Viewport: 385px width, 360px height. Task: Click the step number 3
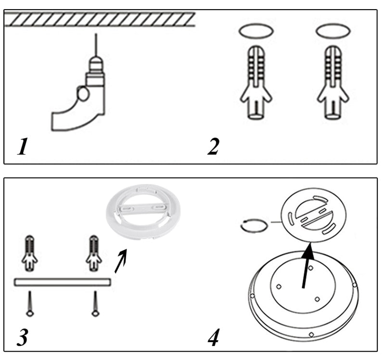click(22, 336)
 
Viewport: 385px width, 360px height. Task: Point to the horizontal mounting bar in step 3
click(63, 282)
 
